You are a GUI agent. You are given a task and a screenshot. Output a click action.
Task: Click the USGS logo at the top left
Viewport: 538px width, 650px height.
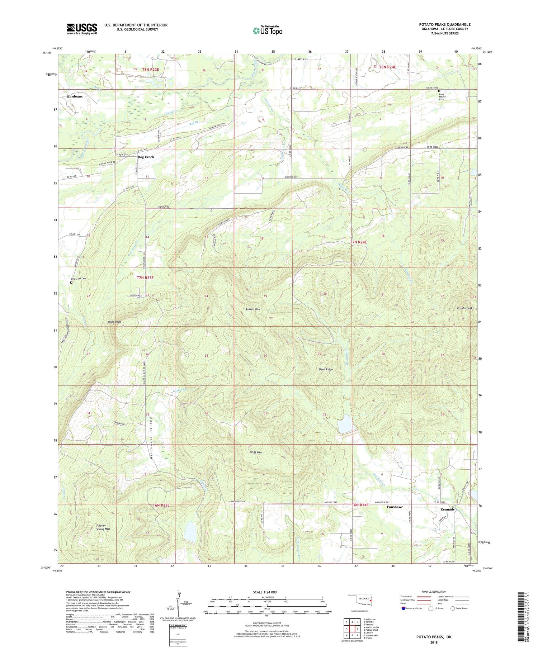coord(82,29)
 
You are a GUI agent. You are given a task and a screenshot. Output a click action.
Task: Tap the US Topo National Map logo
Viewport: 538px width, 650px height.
coord(268,30)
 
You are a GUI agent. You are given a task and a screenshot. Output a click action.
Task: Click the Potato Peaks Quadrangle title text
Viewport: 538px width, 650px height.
coord(445,24)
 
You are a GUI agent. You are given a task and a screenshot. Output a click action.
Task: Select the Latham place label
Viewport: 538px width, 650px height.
coord(301,59)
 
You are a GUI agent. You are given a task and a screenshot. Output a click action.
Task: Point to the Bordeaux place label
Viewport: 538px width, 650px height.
coord(75,96)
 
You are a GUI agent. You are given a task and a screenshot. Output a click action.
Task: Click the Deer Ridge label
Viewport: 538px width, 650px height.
coord(326,369)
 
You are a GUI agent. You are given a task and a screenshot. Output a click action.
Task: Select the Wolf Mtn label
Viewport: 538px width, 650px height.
coord(256,452)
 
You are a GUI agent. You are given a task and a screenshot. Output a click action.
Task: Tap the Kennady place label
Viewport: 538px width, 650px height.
coord(447,509)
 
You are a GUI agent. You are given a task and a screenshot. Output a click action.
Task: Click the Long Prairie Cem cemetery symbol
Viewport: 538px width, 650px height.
coord(439,91)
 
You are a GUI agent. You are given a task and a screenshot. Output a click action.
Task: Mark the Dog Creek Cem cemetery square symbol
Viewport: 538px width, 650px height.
coord(71,283)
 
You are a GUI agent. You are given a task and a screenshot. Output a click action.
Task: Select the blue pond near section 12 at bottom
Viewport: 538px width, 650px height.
coord(190,532)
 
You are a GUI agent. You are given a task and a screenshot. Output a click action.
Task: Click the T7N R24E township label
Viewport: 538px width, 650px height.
coord(359,242)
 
